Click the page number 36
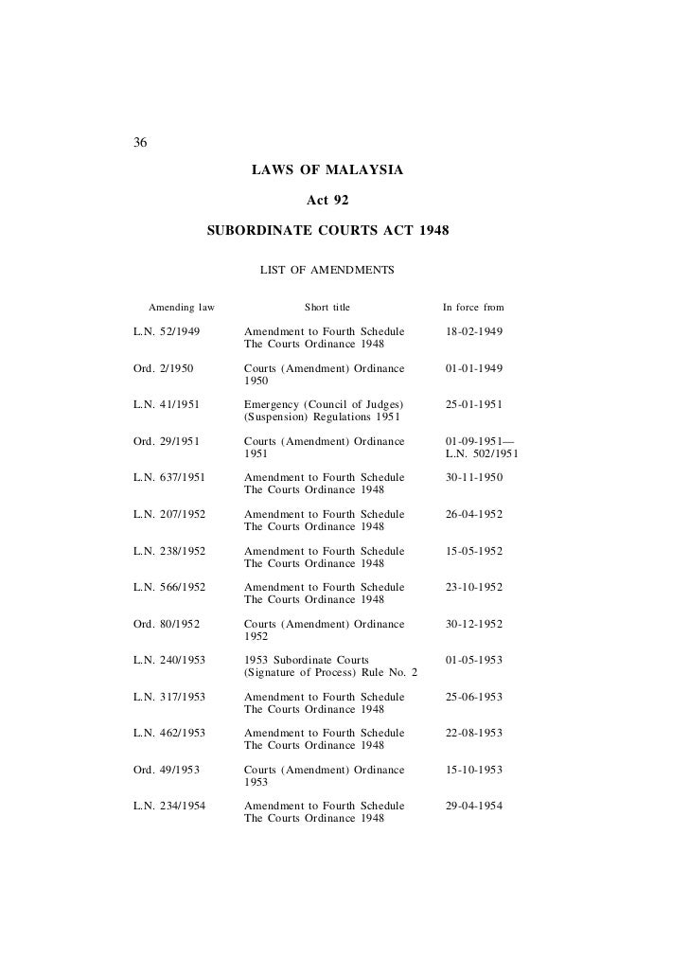[140, 144]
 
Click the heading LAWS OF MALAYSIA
[327, 170]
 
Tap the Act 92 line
[328, 201]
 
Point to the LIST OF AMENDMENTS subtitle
[327, 271]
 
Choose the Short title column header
[327, 308]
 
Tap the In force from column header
[473, 308]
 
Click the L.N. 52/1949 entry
[166, 332]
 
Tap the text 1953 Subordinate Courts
[307, 660]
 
